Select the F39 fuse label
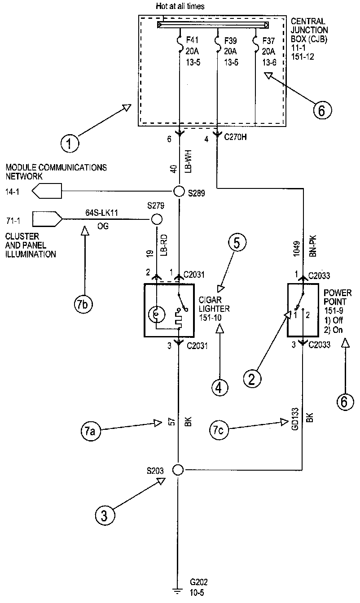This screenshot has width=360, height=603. (231, 39)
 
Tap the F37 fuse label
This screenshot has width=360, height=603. (269, 39)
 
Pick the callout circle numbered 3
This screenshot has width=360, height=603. (105, 515)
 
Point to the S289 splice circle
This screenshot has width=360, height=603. (179, 192)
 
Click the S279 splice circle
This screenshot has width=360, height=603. (156, 219)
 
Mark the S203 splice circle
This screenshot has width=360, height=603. (178, 470)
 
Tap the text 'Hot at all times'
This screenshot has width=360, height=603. (180, 6)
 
